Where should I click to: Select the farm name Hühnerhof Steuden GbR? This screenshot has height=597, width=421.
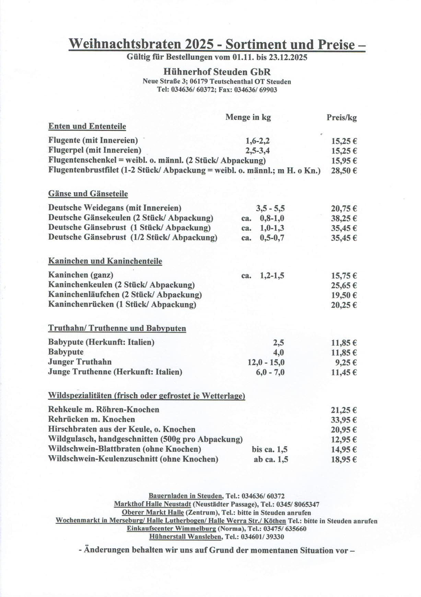tap(217, 72)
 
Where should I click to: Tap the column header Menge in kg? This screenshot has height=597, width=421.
tap(248, 117)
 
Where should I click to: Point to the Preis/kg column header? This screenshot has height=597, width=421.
tap(341, 118)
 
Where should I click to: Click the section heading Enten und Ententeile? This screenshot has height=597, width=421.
tap(87, 126)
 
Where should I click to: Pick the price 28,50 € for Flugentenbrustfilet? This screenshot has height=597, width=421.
tap(344, 171)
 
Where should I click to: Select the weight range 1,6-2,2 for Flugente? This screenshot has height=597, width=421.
tap(257, 141)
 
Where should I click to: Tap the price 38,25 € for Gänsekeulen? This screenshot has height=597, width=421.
tap(344, 218)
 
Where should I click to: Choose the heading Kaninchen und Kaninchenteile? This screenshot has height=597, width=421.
tap(105, 261)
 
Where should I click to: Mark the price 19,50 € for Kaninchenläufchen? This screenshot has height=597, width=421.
tap(344, 295)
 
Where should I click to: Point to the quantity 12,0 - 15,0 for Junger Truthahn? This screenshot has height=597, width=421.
tap(266, 363)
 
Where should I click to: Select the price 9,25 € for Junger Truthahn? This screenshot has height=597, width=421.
tap(346, 363)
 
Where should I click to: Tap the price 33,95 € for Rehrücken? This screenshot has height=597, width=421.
tap(344, 420)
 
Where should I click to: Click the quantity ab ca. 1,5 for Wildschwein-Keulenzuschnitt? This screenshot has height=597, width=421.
tap(271, 460)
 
